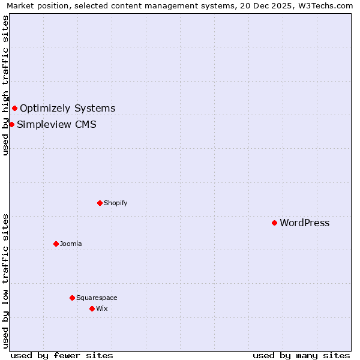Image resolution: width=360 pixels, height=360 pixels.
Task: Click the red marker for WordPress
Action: click(x=274, y=223)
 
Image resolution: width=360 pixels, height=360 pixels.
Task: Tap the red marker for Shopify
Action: click(x=100, y=203)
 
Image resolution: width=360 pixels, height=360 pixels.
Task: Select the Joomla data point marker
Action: click(x=56, y=244)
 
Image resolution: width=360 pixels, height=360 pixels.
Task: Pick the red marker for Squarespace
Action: click(x=72, y=298)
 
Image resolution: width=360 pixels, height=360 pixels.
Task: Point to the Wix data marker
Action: click(x=92, y=308)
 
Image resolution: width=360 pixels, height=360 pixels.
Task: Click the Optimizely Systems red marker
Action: click(x=14, y=108)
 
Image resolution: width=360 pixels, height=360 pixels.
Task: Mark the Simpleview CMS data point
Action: click(x=11, y=124)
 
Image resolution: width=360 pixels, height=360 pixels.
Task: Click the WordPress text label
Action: click(x=305, y=223)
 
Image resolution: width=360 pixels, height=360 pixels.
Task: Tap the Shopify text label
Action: click(x=116, y=203)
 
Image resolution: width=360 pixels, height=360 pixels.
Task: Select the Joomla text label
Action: click(x=71, y=244)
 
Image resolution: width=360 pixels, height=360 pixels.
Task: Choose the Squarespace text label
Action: click(x=97, y=298)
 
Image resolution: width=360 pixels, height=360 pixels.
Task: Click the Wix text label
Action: click(x=102, y=308)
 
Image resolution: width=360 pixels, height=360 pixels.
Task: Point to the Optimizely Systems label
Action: click(x=68, y=109)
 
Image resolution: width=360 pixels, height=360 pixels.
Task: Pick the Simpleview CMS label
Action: click(x=56, y=125)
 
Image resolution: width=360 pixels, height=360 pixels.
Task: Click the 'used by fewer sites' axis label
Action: click(x=62, y=355)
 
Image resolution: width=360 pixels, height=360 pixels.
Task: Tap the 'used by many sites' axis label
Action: click(x=301, y=355)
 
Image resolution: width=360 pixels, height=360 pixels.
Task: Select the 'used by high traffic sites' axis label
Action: click(x=6, y=85)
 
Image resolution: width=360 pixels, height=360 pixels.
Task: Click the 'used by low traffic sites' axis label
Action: click(x=6, y=281)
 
